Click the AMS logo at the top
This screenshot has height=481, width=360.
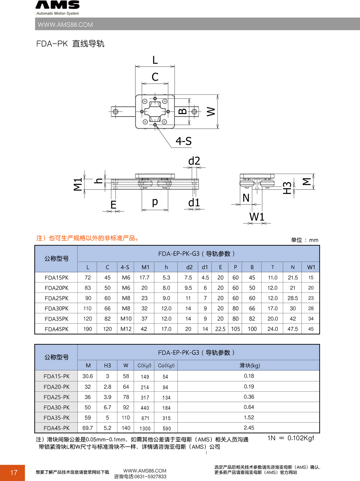point(58,5)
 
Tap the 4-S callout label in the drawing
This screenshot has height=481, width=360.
point(183,141)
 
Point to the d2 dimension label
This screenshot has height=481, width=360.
point(194,161)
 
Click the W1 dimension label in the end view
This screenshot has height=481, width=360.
point(257,217)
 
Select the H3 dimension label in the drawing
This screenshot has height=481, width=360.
point(287,188)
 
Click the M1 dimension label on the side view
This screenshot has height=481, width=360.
point(78,184)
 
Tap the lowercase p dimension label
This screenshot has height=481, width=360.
point(155,202)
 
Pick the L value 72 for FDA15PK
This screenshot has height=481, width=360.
point(88,278)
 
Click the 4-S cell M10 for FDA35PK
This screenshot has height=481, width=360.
point(126,319)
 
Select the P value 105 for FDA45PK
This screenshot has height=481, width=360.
point(235,329)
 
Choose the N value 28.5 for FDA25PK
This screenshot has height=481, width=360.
point(292,298)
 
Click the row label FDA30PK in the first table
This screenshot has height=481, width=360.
point(56,309)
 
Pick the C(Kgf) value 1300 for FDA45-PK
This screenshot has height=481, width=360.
point(145,429)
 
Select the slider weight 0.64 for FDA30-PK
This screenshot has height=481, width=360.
point(249,407)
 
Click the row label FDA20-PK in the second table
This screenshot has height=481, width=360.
point(56,387)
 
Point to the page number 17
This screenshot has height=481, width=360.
point(14,473)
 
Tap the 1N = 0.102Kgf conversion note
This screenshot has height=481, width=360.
point(290,438)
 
